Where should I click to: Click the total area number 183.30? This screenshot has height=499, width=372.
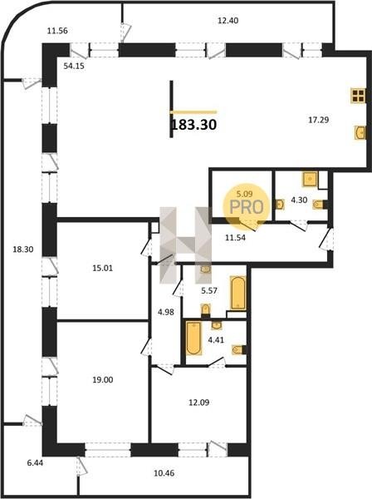click(x=193, y=125)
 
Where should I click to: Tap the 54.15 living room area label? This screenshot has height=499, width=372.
click(x=74, y=67)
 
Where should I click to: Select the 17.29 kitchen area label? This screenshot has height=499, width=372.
click(x=319, y=120)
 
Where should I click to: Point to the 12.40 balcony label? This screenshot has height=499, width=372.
click(x=228, y=21)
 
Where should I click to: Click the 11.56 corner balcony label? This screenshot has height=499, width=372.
click(x=57, y=31)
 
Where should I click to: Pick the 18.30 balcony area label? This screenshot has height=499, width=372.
click(x=23, y=249)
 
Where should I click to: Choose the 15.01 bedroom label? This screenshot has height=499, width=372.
click(x=103, y=269)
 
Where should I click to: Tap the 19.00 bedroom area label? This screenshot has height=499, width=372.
click(x=103, y=380)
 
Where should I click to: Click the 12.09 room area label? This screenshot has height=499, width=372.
click(x=198, y=403)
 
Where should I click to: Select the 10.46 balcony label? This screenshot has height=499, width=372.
click(x=164, y=473)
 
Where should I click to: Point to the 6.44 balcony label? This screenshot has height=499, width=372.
click(x=35, y=463)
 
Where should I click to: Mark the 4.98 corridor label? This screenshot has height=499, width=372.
click(x=166, y=312)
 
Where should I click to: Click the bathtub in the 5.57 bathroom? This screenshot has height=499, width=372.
click(x=238, y=293)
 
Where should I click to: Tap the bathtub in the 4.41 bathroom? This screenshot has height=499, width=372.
click(x=193, y=338)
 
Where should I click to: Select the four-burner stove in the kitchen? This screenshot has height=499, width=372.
click(x=358, y=96)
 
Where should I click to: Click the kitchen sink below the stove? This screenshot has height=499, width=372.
click(x=360, y=132)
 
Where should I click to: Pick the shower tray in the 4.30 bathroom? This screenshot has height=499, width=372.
click(x=310, y=180)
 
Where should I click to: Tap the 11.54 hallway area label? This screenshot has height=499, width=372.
click(x=235, y=237)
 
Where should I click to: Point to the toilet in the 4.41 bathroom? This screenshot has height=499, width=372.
click(x=239, y=350)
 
